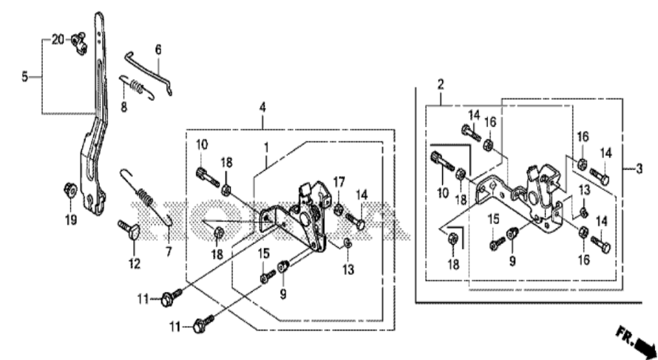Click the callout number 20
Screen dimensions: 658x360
tap(58, 39)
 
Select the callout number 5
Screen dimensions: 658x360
tap(24, 77)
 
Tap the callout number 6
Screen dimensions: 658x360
tap(158, 50)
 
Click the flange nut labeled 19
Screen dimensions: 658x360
tap(70, 190)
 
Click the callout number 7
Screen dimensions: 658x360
tap(169, 252)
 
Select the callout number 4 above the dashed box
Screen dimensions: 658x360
tap(262, 107)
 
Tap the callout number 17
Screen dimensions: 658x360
tap(339, 183)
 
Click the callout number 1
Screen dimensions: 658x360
tap(266, 147)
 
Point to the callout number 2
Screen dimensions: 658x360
tap(440, 84)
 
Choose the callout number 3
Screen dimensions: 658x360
tap(639, 169)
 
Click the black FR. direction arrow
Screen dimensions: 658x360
tap(645, 347)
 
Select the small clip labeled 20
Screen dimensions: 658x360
tap(78, 42)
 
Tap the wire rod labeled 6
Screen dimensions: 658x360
tap(149, 72)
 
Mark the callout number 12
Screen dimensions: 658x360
tap(135, 264)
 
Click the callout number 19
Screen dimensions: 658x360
tap(71, 219)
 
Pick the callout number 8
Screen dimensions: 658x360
tap(123, 107)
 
